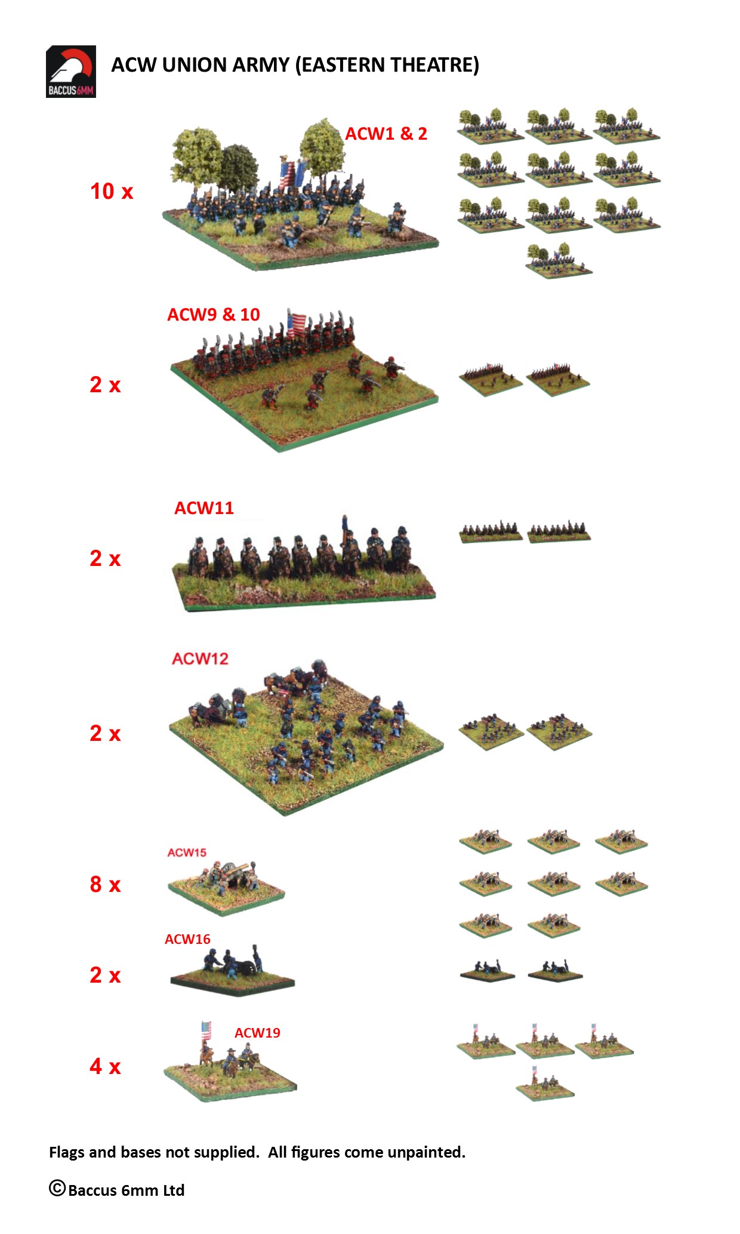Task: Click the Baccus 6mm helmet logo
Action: (71, 72)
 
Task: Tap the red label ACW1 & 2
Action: (386, 134)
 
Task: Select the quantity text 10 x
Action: (112, 191)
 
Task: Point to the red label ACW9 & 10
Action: (214, 315)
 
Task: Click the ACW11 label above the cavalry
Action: (204, 508)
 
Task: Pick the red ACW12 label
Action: (201, 658)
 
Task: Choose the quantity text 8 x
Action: (105, 884)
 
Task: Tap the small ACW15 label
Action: (187, 853)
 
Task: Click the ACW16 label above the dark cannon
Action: (187, 939)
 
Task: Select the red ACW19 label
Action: (257, 1033)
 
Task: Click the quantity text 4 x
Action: (105, 1066)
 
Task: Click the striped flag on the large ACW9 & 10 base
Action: (297, 324)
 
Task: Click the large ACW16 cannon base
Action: (232, 971)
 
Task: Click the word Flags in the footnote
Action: (67, 1152)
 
